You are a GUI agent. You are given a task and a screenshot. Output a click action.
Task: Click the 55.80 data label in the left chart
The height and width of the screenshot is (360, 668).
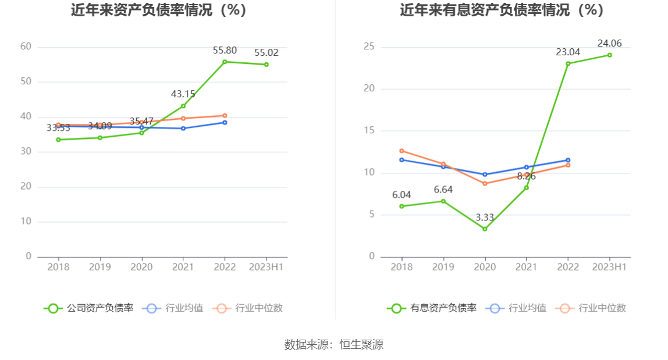tap(225, 50)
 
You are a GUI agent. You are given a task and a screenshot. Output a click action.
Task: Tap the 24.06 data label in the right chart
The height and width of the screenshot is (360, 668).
tap(609, 44)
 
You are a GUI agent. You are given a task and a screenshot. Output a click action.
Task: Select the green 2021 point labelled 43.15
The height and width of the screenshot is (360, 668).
tap(183, 106)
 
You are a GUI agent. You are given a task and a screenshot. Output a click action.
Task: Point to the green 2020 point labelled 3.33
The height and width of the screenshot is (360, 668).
tap(485, 229)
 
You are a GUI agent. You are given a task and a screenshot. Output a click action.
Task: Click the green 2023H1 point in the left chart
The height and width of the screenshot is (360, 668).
tap(267, 65)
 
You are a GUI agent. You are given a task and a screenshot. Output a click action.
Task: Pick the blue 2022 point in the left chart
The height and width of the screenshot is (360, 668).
tap(225, 122)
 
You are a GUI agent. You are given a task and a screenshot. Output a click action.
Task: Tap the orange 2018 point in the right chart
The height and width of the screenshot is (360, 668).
tap(401, 151)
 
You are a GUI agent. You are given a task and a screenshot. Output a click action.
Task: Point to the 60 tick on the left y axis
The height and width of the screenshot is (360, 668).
tap(26, 47)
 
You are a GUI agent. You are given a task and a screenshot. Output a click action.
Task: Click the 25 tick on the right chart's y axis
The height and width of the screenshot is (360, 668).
tap(369, 47)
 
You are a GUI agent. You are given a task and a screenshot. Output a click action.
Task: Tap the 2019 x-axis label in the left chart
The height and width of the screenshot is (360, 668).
tap(100, 267)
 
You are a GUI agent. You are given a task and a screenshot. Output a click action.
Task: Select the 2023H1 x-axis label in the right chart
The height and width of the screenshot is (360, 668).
tap(609, 267)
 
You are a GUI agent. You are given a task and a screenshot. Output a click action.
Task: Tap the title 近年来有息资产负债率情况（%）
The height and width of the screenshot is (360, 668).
tap(502, 10)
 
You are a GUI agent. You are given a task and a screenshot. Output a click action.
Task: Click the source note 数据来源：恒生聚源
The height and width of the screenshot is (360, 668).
tap(334, 344)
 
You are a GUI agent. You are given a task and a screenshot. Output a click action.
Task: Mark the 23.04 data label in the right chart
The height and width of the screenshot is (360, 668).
tap(568, 52)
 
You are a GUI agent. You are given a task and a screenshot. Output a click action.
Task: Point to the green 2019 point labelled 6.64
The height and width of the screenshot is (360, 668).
tap(443, 201)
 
